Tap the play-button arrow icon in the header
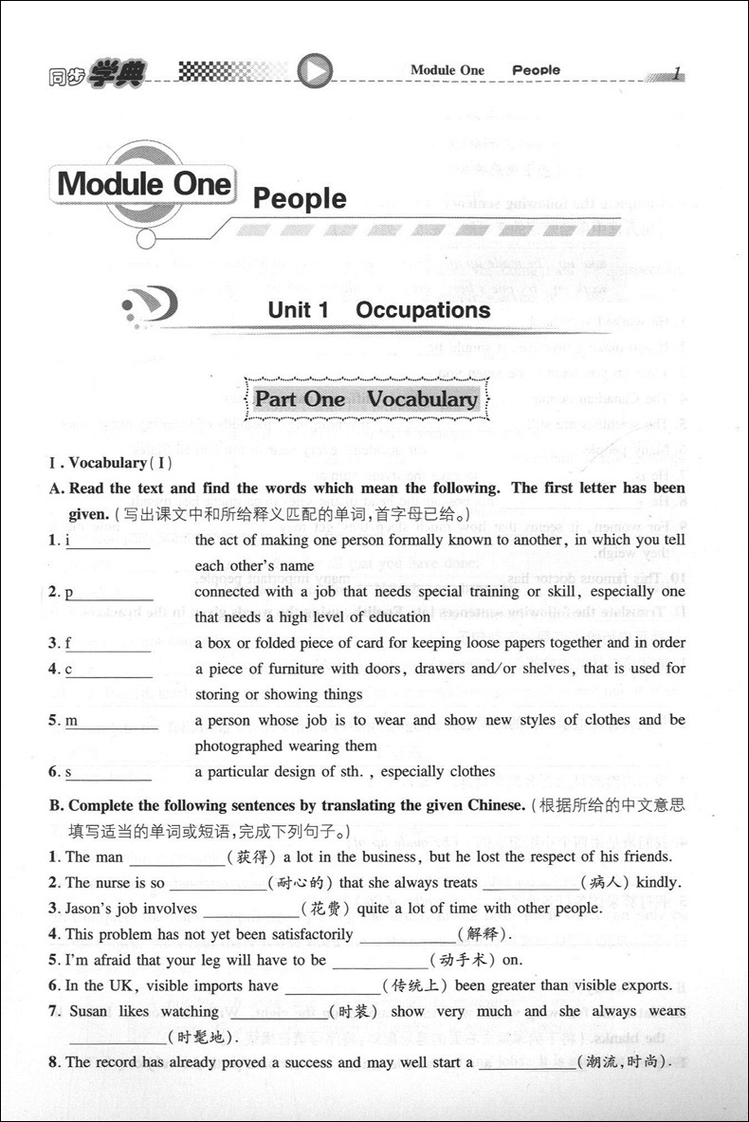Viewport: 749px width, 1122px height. [x=316, y=69]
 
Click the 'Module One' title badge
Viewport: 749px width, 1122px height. [x=144, y=183]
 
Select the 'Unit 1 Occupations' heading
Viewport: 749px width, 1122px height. [x=378, y=310]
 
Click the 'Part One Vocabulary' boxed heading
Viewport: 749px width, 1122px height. [x=366, y=399]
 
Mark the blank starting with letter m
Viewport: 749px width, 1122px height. [x=114, y=722]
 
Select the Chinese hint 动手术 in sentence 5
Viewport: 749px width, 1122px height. [x=463, y=960]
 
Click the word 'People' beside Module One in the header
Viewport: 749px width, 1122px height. [x=536, y=70]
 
